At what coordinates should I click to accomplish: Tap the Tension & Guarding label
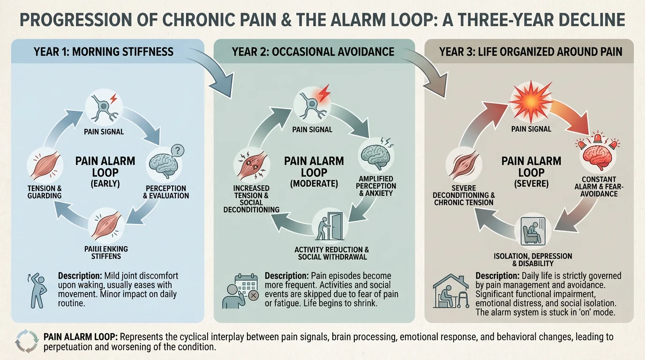(x=45, y=192)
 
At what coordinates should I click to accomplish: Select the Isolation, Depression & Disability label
(x=532, y=260)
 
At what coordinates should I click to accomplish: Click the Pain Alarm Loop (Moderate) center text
(x=314, y=172)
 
